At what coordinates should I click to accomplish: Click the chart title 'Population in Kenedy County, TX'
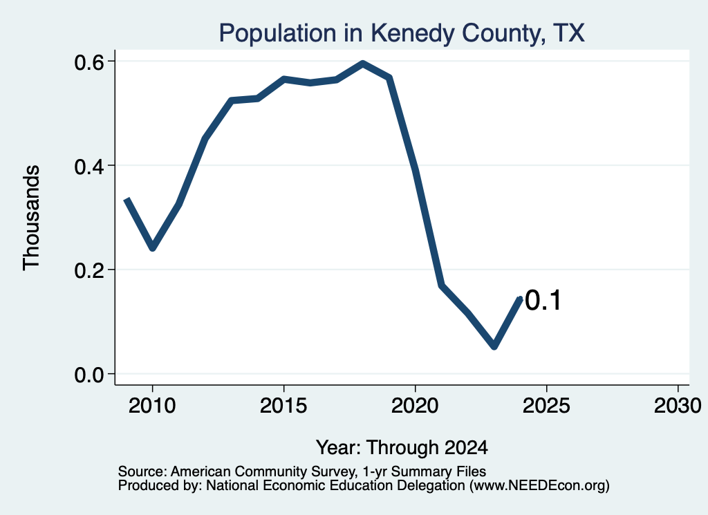402,33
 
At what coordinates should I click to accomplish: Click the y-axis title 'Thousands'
31,218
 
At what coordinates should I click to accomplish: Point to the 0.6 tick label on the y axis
89,62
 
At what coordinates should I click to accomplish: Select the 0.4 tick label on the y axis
89,166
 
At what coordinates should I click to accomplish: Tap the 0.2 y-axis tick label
89,270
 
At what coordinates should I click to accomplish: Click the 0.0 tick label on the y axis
89,374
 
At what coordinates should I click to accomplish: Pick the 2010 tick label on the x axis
152,405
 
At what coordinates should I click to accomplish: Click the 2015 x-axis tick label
283,405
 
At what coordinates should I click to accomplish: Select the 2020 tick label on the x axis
415,405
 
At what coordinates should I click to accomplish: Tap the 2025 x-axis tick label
546,405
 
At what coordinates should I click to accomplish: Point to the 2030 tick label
678,405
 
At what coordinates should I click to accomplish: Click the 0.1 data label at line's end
543,301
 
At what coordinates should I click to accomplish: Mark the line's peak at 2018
362,64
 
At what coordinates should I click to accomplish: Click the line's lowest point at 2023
494,346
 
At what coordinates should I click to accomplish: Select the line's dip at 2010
153,247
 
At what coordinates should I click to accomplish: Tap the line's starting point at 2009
127,200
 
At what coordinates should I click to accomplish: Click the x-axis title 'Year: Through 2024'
402,447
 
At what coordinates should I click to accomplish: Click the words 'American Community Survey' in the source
262,471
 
